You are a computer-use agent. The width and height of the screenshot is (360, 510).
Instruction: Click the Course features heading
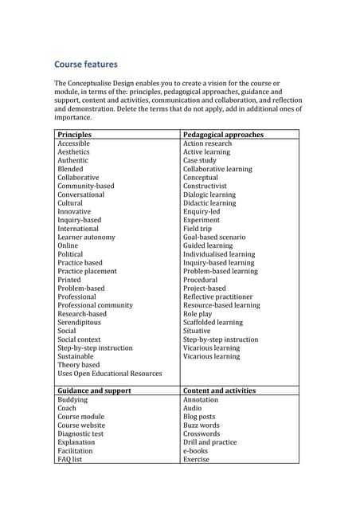pyautogui.click(x=86, y=65)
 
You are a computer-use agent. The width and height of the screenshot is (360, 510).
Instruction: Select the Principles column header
pyautogui.click(x=75, y=135)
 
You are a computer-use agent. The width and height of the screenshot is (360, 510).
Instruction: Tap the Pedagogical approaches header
pyautogui.click(x=223, y=135)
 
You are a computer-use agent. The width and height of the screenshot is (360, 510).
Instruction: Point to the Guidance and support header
pyautogui.click(x=94, y=390)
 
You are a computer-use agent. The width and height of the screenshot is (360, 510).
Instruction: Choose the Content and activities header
pyautogui.click(x=219, y=390)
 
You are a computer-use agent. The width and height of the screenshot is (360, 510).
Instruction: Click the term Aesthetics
pyautogui.click(x=73, y=151)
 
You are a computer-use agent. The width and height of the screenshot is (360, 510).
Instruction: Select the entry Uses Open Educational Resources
pyautogui.click(x=109, y=373)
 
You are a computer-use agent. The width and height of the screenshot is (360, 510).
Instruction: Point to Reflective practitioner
pyautogui.click(x=217, y=296)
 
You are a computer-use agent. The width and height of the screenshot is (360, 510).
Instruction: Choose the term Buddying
pyautogui.click(x=72, y=399)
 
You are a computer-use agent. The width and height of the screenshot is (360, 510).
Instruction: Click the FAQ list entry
pyautogui.click(x=70, y=459)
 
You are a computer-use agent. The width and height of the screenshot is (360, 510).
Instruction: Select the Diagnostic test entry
pyautogui.click(x=80, y=433)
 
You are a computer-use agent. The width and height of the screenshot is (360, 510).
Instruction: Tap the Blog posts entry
pyautogui.click(x=199, y=416)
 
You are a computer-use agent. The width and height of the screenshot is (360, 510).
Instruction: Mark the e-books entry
pyautogui.click(x=195, y=450)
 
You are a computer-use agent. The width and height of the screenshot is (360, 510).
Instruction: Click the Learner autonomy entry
pyautogui.click(x=86, y=237)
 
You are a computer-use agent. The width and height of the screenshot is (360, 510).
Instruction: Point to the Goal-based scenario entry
pyautogui.click(x=214, y=237)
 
